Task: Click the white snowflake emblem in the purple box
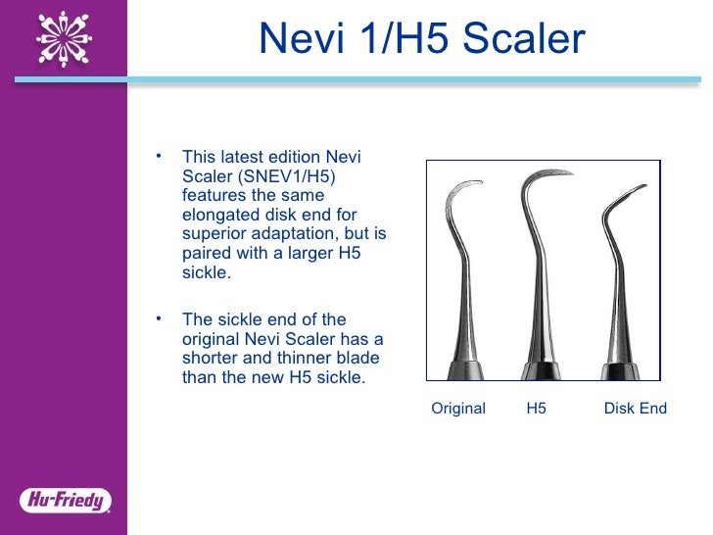tap(64, 40)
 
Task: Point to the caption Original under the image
tap(458, 409)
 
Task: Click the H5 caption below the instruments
tap(536, 409)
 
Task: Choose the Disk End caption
tap(635, 409)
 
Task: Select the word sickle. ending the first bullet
tap(207, 273)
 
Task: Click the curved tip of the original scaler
tap(479, 182)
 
